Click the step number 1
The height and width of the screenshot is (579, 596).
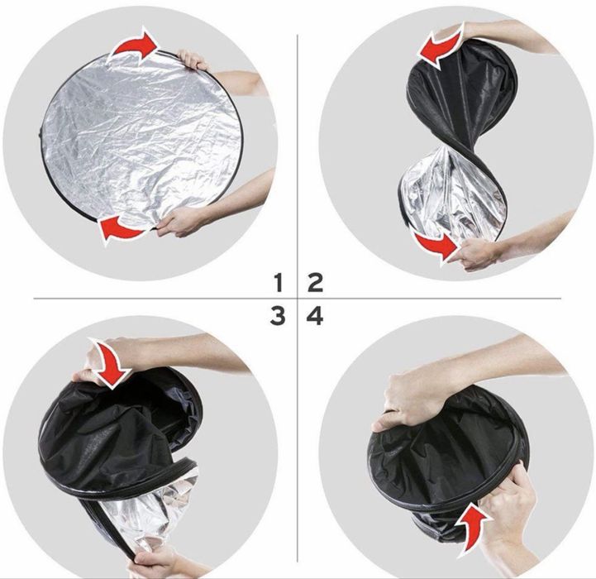coord(279,283)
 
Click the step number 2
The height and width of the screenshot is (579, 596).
coord(316,283)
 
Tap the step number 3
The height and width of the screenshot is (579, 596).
coord(278,317)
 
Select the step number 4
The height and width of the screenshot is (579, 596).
coord(315,317)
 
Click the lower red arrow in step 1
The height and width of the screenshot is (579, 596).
coord(123,229)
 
